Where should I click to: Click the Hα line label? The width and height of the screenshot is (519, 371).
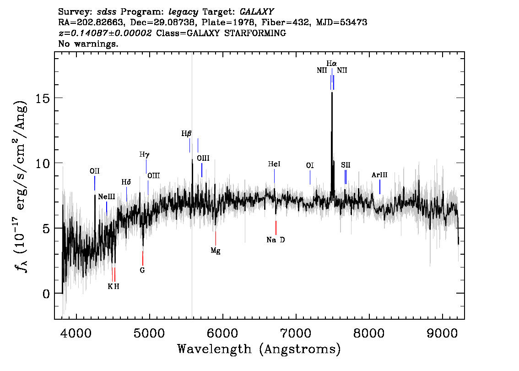pyautogui.click(x=331, y=63)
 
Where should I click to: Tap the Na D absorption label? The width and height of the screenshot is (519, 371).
pyautogui.click(x=276, y=240)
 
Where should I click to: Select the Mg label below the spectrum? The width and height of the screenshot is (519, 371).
pyautogui.click(x=216, y=251)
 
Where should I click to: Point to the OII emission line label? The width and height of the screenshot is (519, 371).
pyautogui.click(x=94, y=171)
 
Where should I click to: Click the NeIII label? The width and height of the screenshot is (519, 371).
pyautogui.click(x=107, y=197)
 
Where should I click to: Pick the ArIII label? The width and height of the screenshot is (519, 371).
pyautogui.click(x=379, y=175)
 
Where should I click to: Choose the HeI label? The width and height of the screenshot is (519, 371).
pyautogui.click(x=274, y=164)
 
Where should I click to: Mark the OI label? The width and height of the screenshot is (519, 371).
pyautogui.click(x=310, y=165)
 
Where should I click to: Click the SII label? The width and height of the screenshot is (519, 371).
pyautogui.click(x=346, y=165)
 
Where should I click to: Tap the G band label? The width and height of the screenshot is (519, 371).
pyautogui.click(x=142, y=270)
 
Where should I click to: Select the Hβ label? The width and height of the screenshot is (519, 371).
pyautogui.click(x=186, y=133)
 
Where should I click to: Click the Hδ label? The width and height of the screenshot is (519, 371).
pyautogui.click(x=126, y=182)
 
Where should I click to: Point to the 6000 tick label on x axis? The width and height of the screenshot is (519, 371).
pyautogui.click(x=222, y=333)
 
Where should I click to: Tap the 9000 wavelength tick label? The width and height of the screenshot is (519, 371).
pyautogui.click(x=442, y=333)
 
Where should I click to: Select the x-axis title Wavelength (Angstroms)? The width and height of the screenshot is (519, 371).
pyautogui.click(x=259, y=349)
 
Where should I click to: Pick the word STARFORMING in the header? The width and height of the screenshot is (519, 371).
pyautogui.click(x=255, y=33)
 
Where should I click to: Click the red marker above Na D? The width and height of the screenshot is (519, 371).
pyautogui.click(x=276, y=228)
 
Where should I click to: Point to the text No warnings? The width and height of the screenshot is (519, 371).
pyautogui.click(x=88, y=44)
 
